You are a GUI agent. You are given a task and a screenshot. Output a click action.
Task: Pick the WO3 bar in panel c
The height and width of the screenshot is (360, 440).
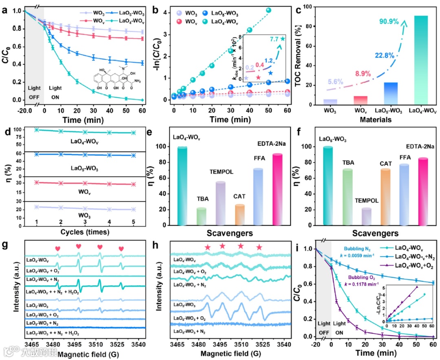point(319,102)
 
